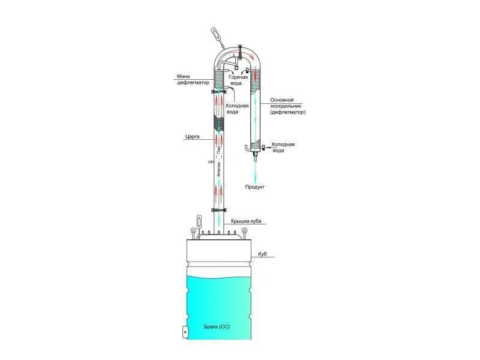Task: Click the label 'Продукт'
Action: [x=254, y=187]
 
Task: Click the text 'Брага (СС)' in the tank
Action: [x=217, y=327]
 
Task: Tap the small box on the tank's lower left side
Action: [x=185, y=331]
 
